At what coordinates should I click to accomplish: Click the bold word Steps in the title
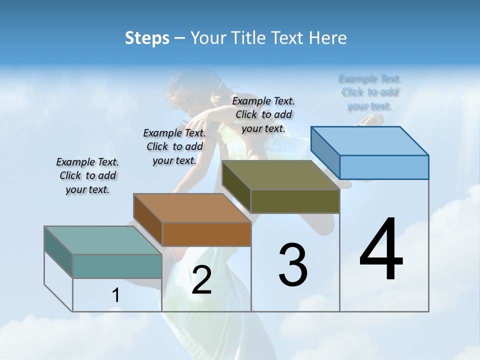pyautogui.click(x=147, y=38)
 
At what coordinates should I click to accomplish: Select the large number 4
pyautogui.click(x=381, y=250)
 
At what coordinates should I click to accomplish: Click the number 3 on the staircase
pyautogui.click(x=293, y=265)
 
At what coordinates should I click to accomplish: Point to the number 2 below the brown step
pyautogui.click(x=201, y=280)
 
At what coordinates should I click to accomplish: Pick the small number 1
pyautogui.click(x=115, y=295)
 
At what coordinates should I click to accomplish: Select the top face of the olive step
pyautogui.click(x=280, y=175)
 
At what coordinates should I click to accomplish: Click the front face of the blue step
pyautogui.click(x=384, y=167)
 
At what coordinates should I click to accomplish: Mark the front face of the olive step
pyautogui.click(x=295, y=201)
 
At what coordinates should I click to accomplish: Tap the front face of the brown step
pyautogui.click(x=206, y=234)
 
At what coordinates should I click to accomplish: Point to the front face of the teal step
pyautogui.click(x=117, y=266)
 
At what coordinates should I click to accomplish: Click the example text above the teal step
pyautogui.click(x=87, y=175)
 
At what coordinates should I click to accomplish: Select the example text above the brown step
pyautogui.click(x=174, y=146)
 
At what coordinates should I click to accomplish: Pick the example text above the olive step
pyautogui.click(x=263, y=114)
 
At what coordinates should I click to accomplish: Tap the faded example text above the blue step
pyautogui.click(x=370, y=92)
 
